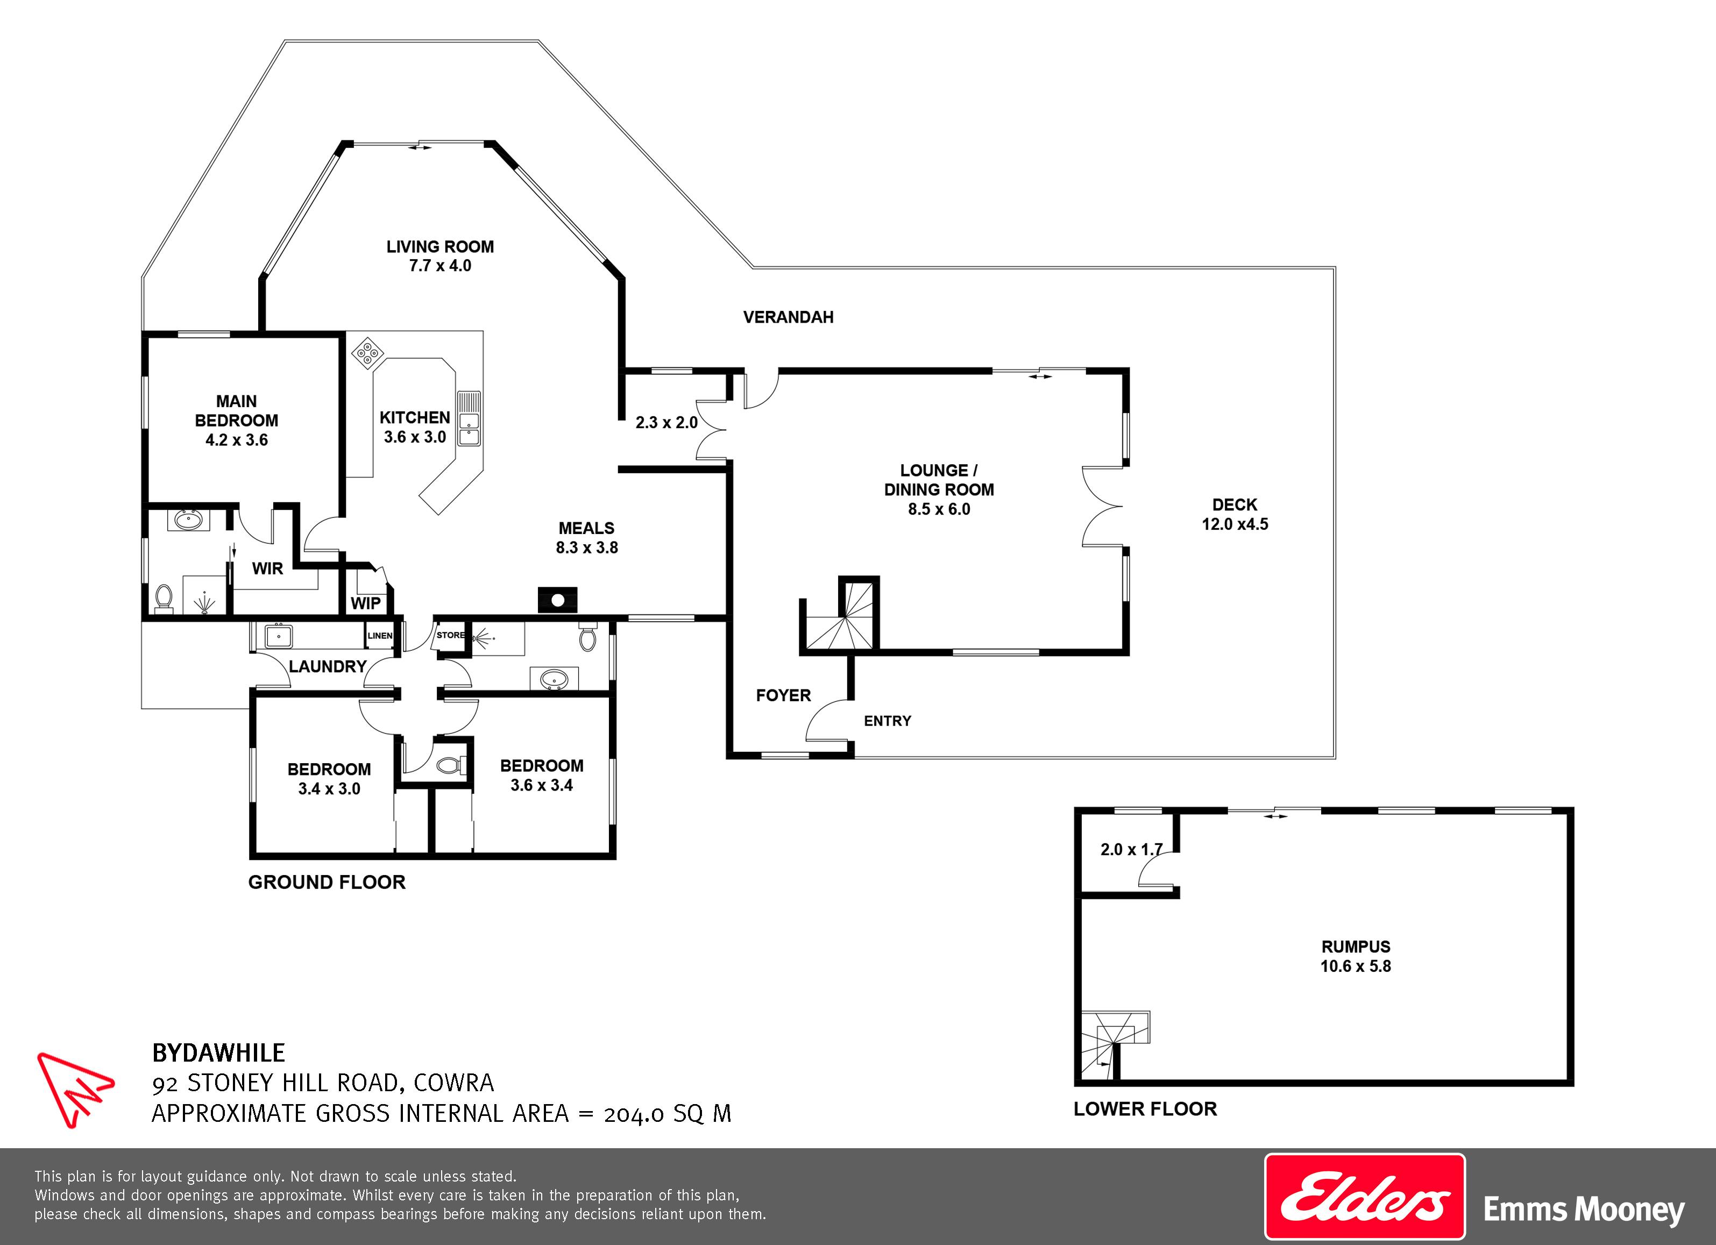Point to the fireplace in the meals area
point(558,600)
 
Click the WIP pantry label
point(365,603)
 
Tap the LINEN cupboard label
point(380,635)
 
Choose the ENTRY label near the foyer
point(888,721)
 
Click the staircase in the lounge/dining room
point(841,616)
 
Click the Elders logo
point(1365,1197)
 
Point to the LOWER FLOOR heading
point(1145,1109)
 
